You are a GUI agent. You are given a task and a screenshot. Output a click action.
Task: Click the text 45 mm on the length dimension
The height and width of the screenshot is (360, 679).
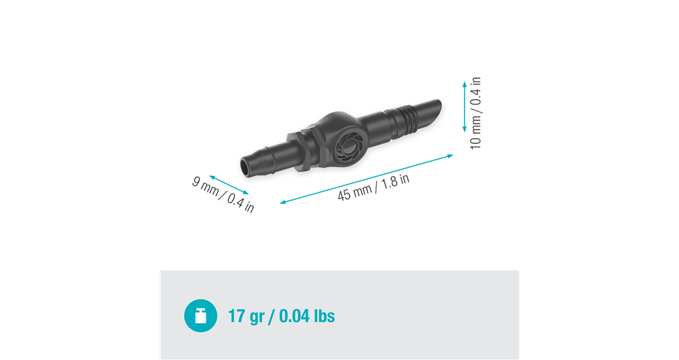click(354, 192)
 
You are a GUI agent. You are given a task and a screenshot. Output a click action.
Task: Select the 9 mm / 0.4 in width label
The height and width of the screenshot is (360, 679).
click(223, 195)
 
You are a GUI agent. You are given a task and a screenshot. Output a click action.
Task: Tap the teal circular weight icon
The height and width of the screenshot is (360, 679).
click(200, 316)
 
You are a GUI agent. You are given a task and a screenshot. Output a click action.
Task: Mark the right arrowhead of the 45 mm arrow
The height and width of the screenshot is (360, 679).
click(451, 156)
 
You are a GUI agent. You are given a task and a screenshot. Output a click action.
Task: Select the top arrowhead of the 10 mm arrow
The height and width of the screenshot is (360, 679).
click(464, 84)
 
